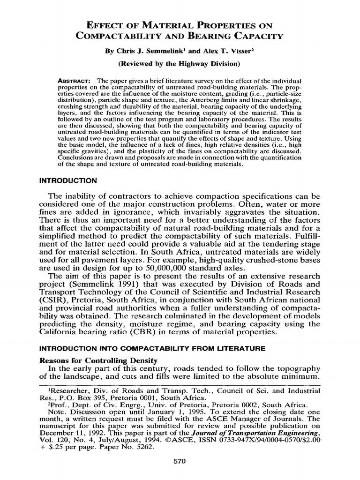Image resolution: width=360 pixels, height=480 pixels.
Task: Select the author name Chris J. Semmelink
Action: click(x=149, y=51)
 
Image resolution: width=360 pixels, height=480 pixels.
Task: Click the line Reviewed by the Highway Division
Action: click(x=180, y=63)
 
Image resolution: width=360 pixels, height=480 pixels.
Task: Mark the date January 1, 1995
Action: click(x=146, y=412)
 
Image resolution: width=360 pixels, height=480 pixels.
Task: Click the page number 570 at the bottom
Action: click(x=180, y=461)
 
